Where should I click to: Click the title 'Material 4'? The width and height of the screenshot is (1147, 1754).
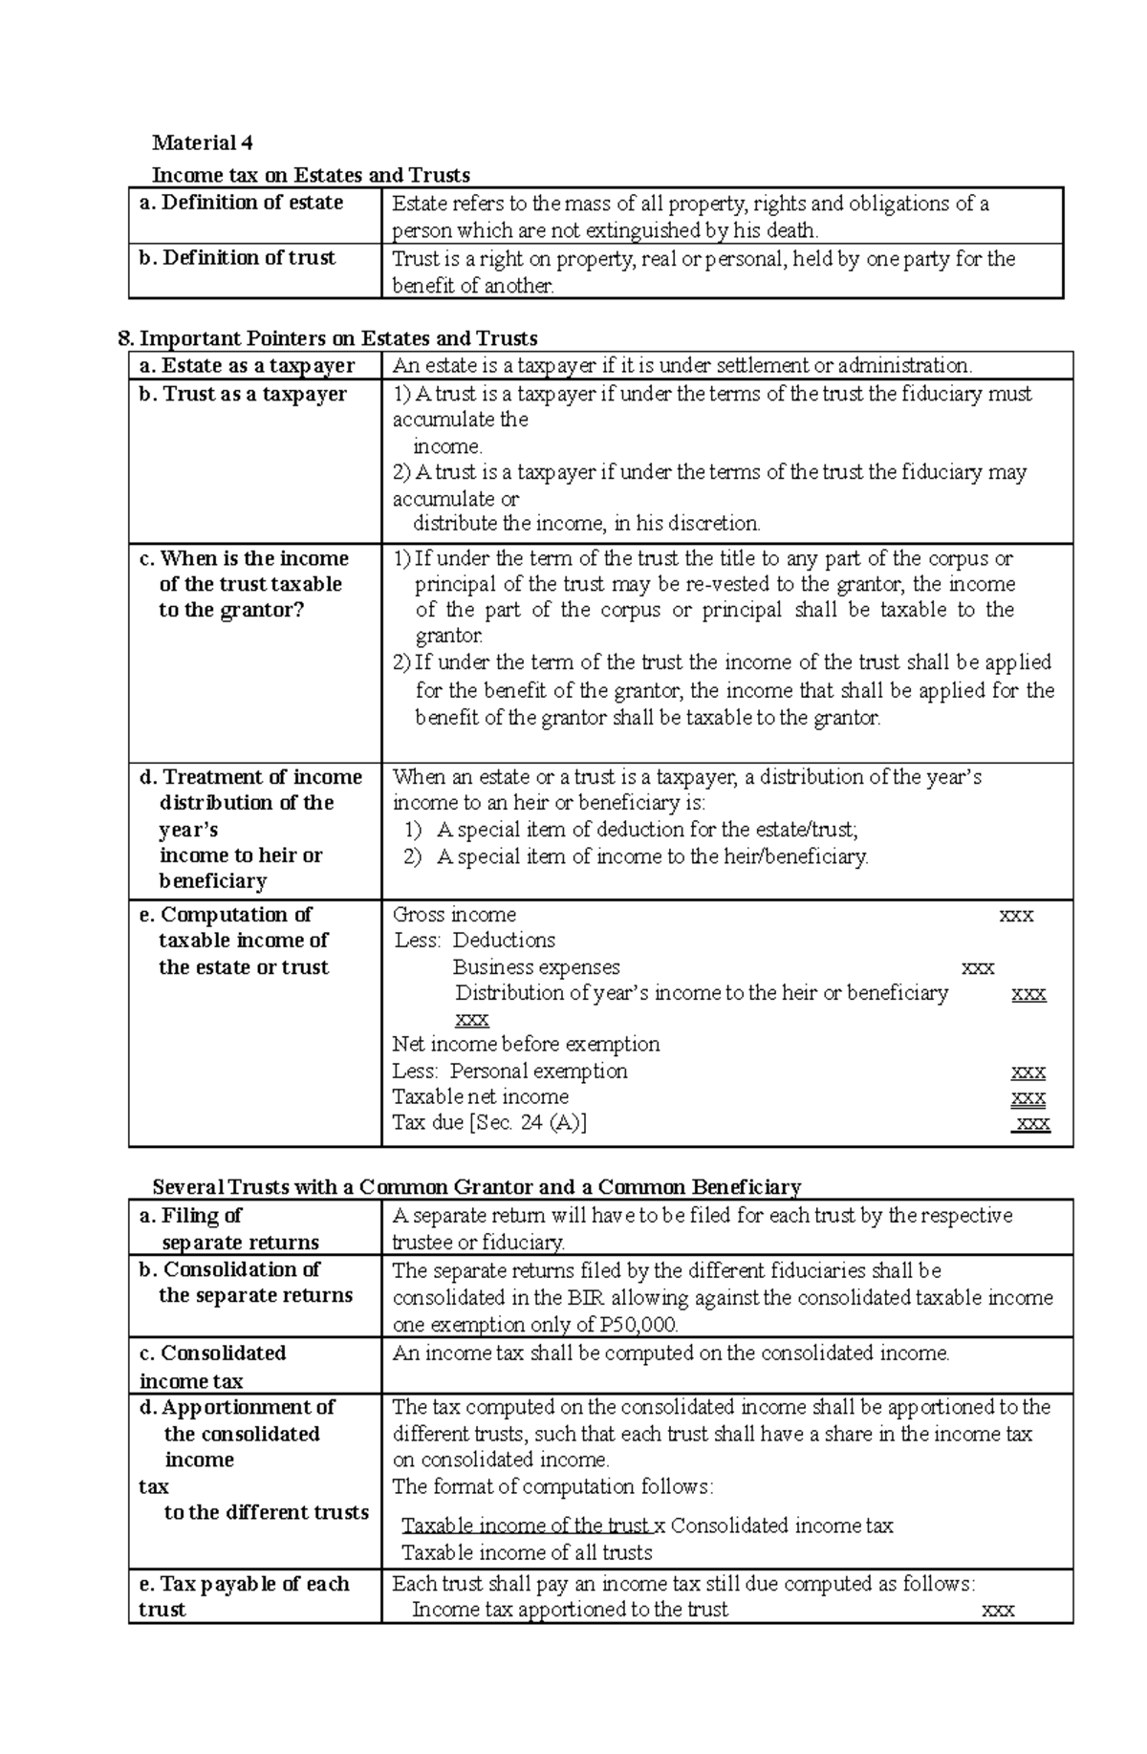pyautogui.click(x=203, y=143)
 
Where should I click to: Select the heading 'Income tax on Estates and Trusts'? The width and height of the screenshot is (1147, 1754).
pyautogui.click(x=311, y=175)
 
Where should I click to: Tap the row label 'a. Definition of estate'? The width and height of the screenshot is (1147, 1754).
pyautogui.click(x=241, y=203)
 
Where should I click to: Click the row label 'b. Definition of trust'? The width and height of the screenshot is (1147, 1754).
pyautogui.click(x=237, y=258)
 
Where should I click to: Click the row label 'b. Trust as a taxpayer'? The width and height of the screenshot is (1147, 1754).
pyautogui.click(x=243, y=394)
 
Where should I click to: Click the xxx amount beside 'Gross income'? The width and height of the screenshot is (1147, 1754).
pyautogui.click(x=1015, y=915)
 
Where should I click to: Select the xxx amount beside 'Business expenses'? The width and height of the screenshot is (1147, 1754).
pyautogui.click(x=977, y=967)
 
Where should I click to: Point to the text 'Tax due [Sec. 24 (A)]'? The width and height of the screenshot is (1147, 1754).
pyautogui.click(x=489, y=1123)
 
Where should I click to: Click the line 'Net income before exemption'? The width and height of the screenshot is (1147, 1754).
pyautogui.click(x=526, y=1044)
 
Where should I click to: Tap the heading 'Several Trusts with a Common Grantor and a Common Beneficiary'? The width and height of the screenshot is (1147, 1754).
pyautogui.click(x=476, y=1187)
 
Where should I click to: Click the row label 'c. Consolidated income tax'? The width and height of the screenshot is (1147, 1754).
pyautogui.click(x=212, y=1367)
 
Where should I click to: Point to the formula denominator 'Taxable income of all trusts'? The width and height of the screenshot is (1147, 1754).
pyautogui.click(x=527, y=1552)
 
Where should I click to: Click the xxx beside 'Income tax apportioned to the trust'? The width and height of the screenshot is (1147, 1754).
pyautogui.click(x=998, y=1610)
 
